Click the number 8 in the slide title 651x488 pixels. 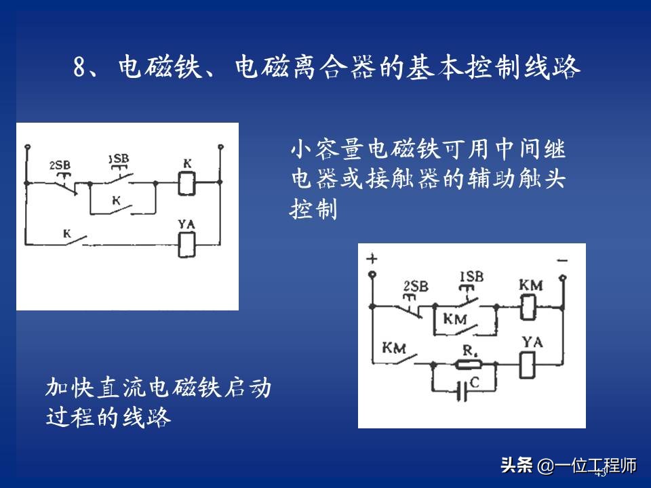(80, 68)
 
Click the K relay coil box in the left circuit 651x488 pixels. (186, 183)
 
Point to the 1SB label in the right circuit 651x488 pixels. (472, 277)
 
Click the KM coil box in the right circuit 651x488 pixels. (530, 308)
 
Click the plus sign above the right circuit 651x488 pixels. (371, 260)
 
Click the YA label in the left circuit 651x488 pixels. (186, 224)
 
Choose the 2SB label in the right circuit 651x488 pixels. (415, 286)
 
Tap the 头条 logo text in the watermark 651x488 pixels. (517, 466)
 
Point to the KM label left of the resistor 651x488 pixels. (394, 349)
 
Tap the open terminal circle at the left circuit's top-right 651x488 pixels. (220, 147)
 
